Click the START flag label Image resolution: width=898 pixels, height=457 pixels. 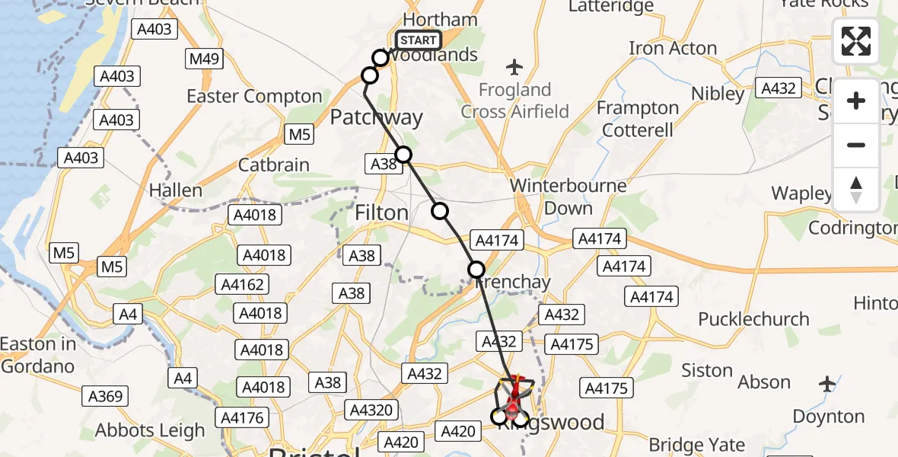[419, 40]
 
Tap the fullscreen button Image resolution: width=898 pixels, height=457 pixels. [856, 41]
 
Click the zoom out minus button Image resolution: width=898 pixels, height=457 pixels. [856, 145]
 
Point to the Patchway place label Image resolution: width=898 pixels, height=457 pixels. [376, 117]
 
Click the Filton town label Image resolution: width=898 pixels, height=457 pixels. [381, 213]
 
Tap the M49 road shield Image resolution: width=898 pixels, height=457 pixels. [205, 59]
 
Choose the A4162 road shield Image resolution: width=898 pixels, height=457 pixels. [243, 285]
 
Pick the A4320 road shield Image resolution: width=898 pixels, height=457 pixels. [372, 411]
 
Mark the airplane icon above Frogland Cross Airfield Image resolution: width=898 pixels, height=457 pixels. [515, 67]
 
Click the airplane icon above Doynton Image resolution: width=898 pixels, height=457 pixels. [828, 384]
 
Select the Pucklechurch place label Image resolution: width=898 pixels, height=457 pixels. [753, 318]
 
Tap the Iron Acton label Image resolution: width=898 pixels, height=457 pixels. [673, 49]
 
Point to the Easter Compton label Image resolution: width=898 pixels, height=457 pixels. [254, 97]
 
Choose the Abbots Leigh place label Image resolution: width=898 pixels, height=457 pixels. [150, 430]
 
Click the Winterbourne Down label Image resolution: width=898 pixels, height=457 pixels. [568, 197]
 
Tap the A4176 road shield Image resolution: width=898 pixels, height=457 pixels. [243, 417]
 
